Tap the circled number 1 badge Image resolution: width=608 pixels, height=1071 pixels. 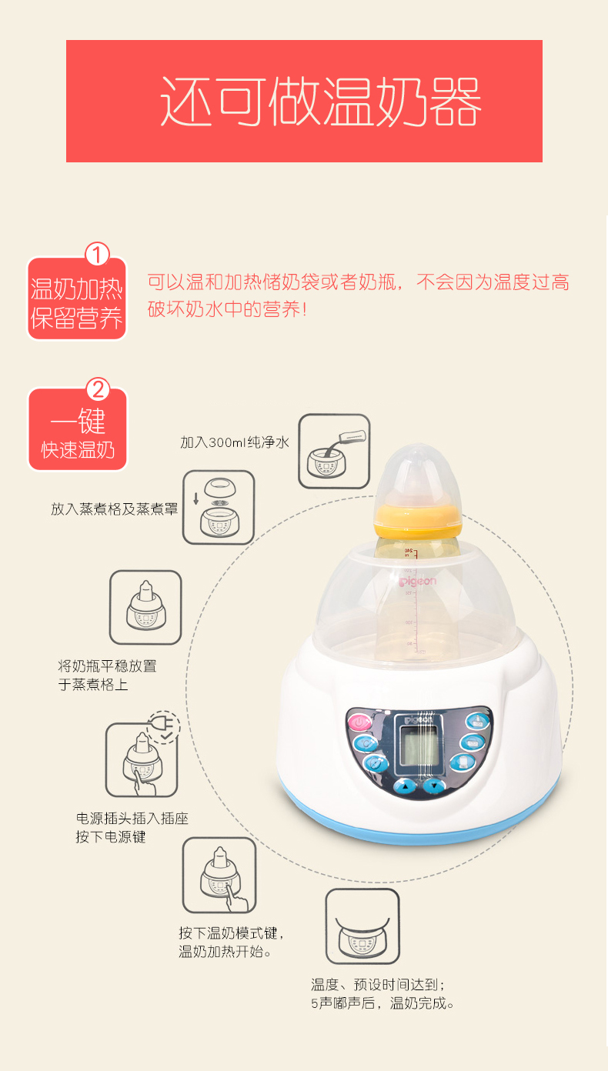[x=97, y=254]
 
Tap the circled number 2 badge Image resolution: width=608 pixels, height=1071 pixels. [x=98, y=389]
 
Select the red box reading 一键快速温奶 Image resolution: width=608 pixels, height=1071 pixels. [x=78, y=429]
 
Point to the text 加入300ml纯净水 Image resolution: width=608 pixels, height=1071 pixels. [x=235, y=442]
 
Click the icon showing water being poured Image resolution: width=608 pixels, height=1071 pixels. [x=334, y=451]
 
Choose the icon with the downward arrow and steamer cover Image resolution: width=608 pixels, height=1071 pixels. [x=219, y=507]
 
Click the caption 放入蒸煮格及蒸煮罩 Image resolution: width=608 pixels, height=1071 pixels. [x=115, y=509]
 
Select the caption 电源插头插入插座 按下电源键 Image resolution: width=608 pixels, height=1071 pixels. [x=132, y=828]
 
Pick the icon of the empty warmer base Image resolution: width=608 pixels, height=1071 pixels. [x=362, y=926]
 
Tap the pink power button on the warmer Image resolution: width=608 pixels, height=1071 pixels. [x=359, y=722]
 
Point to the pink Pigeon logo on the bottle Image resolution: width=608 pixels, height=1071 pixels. [x=418, y=582]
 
